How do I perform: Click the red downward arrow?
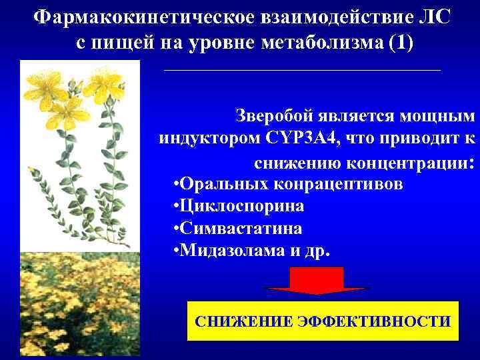(x=321, y=281)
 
